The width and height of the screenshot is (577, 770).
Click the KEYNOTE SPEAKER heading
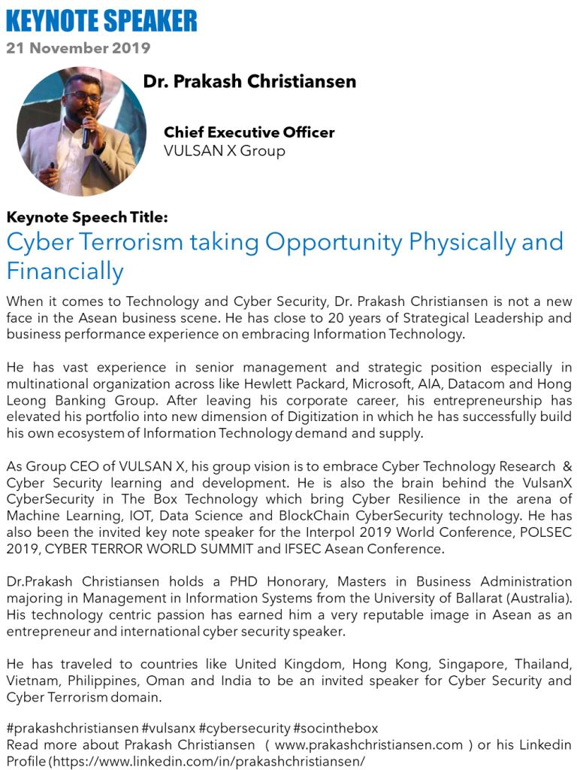click(101, 20)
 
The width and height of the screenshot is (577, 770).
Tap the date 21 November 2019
click(78, 48)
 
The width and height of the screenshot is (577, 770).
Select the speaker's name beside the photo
click(249, 81)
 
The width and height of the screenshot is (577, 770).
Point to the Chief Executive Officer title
click(249, 132)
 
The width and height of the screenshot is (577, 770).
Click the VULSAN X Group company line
click(224, 150)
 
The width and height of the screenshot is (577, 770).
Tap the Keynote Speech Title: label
click(86, 217)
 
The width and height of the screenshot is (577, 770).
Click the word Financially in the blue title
click(65, 270)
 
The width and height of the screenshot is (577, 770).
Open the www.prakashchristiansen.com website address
click(369, 745)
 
